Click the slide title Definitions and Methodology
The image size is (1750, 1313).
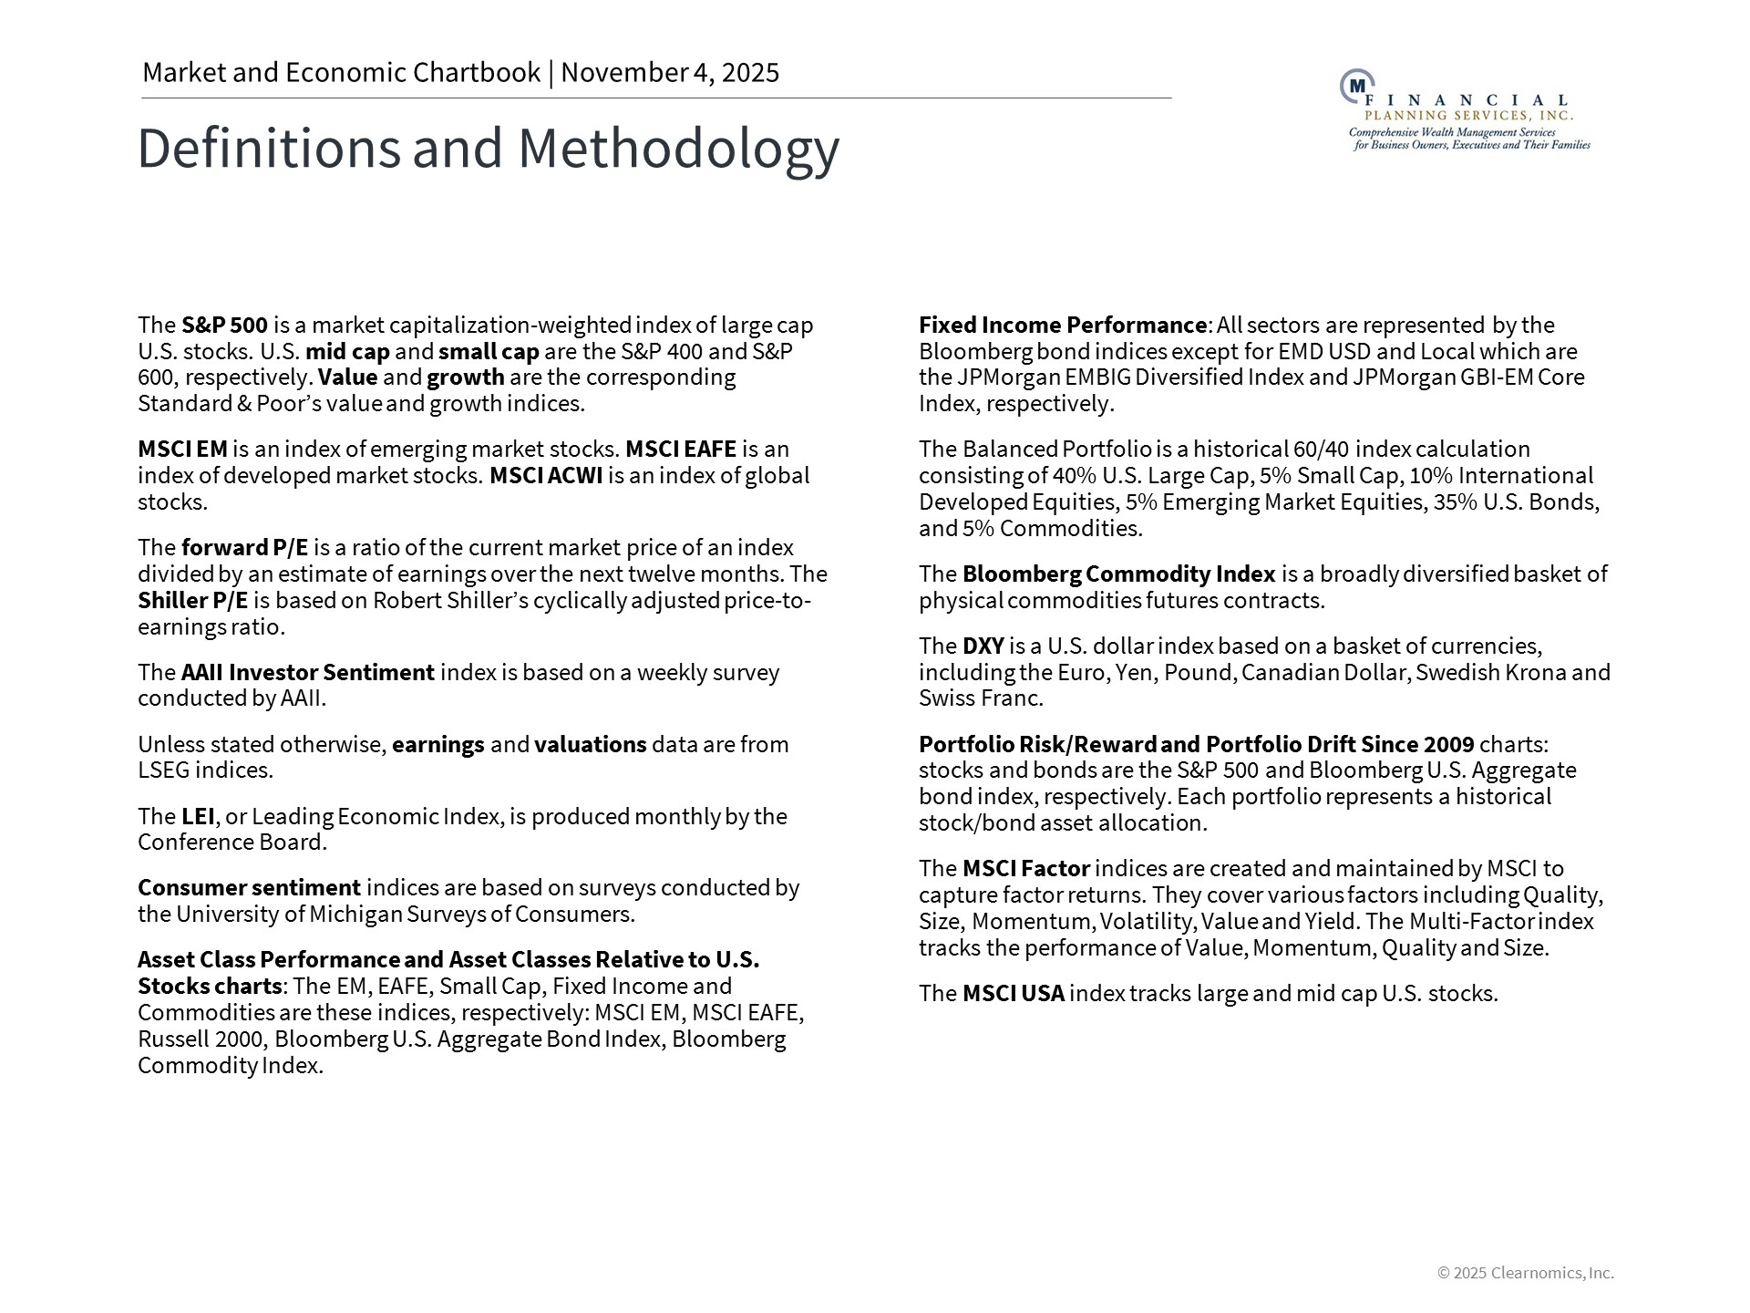pyautogui.click(x=488, y=148)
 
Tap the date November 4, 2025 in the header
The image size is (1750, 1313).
pyautogui.click(x=670, y=73)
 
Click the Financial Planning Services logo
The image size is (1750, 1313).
pyautogui.click(x=1465, y=110)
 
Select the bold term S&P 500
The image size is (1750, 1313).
pyautogui.click(x=224, y=326)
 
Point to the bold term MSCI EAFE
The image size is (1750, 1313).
pyautogui.click(x=680, y=450)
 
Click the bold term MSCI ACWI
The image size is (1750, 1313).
pyautogui.click(x=546, y=476)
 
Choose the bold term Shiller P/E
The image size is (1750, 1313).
pyautogui.click(x=192, y=601)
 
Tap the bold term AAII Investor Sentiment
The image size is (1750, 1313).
pyautogui.click(x=307, y=673)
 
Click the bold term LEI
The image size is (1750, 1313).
pyautogui.click(x=198, y=816)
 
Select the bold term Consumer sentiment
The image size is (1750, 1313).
pyautogui.click(x=249, y=888)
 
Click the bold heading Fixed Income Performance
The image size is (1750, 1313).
pyautogui.click(x=1062, y=326)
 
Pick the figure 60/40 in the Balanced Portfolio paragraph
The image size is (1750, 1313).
pyautogui.click(x=1321, y=450)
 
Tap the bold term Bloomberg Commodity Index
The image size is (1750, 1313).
pyautogui.click(x=1118, y=574)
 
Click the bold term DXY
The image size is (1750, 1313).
pyautogui.click(x=983, y=646)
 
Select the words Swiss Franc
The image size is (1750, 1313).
pyautogui.click(x=981, y=698)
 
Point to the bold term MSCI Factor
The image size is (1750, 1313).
pyautogui.click(x=1025, y=869)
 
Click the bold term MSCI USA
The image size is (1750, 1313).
pyautogui.click(x=1013, y=994)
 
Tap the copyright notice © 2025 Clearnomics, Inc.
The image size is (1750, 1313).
pyautogui.click(x=1525, y=1273)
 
